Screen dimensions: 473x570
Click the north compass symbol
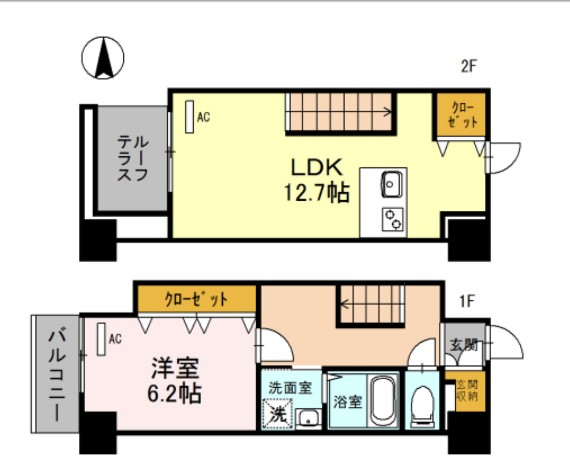tap(103, 58)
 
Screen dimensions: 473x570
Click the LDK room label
tap(316, 167)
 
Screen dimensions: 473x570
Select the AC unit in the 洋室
tap(102, 339)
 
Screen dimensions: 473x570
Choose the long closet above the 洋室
tap(197, 299)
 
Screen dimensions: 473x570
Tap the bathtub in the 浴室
tap(383, 401)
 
